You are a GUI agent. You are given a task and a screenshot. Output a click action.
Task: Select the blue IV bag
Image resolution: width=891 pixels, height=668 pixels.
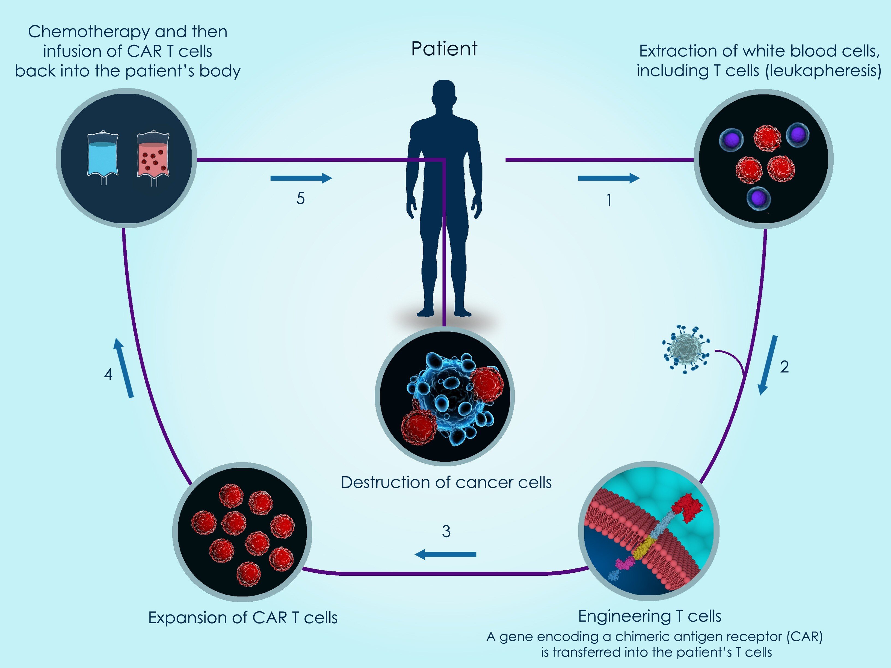[x=103, y=155]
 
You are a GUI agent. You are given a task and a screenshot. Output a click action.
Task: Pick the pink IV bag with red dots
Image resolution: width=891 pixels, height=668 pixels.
[x=153, y=156]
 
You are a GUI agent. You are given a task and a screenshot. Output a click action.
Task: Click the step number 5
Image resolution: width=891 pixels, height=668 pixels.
[x=300, y=198]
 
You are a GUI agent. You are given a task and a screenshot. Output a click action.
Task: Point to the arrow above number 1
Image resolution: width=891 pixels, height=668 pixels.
[x=608, y=178]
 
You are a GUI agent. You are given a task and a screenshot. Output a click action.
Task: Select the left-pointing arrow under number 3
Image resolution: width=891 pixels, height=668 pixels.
[x=445, y=554]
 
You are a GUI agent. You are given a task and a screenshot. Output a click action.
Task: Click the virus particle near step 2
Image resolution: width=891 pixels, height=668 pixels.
[x=686, y=349]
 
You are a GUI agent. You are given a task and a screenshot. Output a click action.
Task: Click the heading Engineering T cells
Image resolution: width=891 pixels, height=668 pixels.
[x=649, y=616]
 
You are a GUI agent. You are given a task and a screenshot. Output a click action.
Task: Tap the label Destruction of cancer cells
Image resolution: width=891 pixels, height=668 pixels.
[x=446, y=482]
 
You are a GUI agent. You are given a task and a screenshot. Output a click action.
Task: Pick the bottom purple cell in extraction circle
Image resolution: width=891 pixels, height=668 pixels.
[x=759, y=198]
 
